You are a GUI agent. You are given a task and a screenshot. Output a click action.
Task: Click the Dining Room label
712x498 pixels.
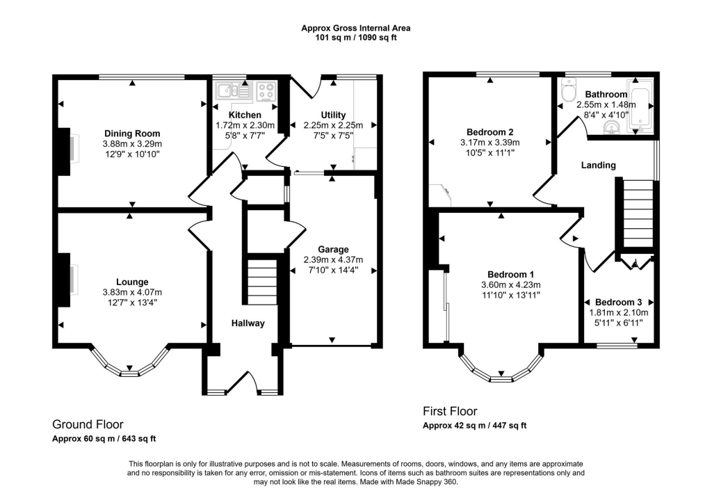pos(132,134)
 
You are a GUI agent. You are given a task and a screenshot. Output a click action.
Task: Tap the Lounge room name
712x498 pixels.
pos(132,282)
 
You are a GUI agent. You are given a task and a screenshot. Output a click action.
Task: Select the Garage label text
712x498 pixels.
pos(333,250)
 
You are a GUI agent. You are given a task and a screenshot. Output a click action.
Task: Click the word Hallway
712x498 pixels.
pos(248,323)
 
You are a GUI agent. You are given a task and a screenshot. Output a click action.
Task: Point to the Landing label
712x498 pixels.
pos(599,166)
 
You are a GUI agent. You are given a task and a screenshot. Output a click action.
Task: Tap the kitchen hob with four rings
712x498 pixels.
pos(266,92)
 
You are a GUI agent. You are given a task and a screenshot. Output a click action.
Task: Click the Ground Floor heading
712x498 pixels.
pos(88,424)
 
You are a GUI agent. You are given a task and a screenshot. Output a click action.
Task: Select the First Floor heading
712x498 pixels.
pos(451,411)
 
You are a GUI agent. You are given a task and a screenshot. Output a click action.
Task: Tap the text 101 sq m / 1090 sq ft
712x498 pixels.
pos(355,38)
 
